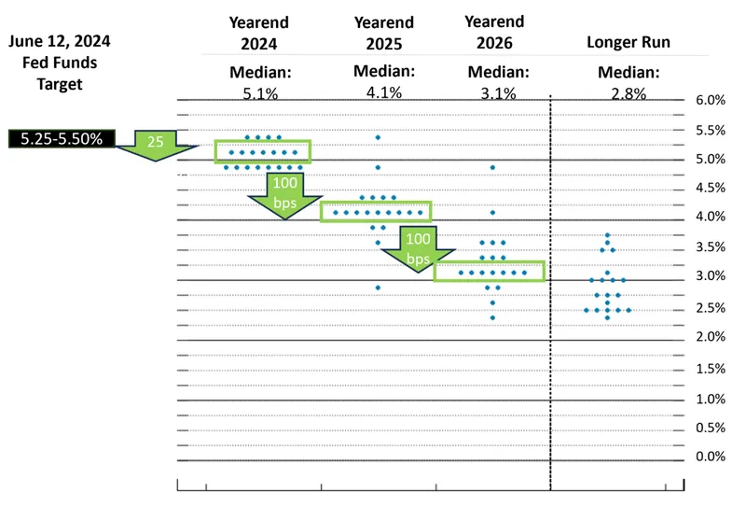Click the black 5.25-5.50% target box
[62, 138]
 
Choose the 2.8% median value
[628, 92]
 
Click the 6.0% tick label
[711, 100]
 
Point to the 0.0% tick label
[711, 457]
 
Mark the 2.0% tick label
[711, 336]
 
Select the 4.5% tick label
[711, 188]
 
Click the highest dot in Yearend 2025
[378, 137]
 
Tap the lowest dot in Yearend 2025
[378, 288]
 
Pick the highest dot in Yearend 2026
[492, 167]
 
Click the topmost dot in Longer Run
[607, 235]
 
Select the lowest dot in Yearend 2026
[492, 317]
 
